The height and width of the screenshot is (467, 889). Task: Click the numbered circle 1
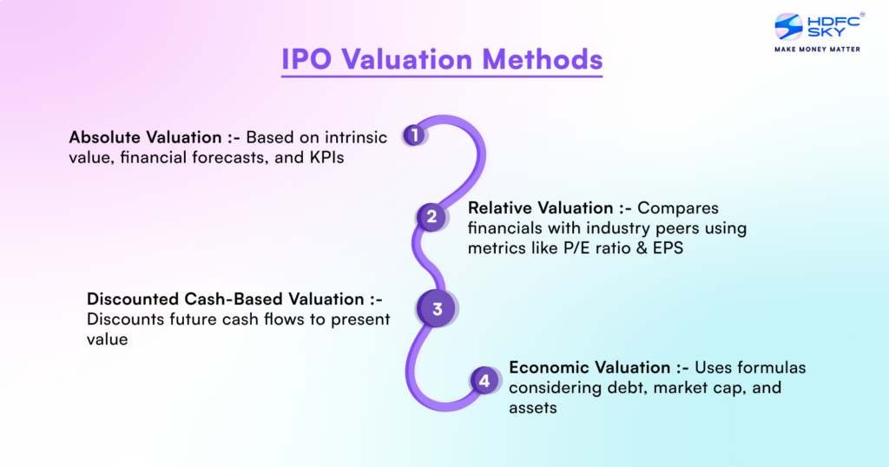coord(415,135)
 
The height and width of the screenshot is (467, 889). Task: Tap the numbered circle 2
coord(431,216)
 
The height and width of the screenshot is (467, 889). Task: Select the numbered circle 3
coord(437,309)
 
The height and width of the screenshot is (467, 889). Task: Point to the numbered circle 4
coord(484,380)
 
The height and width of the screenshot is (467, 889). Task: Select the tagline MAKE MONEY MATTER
coord(816,49)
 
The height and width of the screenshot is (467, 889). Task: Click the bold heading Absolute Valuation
coord(143,137)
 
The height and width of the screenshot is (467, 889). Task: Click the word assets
coord(532,408)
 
